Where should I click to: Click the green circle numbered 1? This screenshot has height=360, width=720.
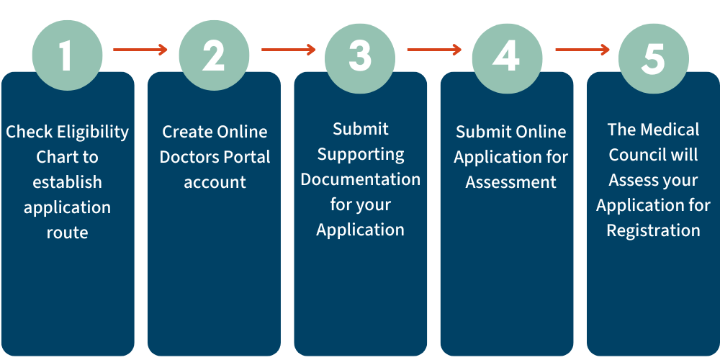(x=67, y=55)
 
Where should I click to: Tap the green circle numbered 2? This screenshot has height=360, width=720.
(x=214, y=55)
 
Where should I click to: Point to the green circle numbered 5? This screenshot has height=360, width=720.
(x=654, y=58)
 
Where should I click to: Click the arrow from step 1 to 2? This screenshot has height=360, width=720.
(x=140, y=49)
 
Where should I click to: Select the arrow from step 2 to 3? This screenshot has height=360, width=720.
(x=289, y=49)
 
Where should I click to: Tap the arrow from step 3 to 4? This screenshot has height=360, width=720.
(x=434, y=49)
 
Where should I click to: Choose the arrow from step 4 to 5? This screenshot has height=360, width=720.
(x=582, y=49)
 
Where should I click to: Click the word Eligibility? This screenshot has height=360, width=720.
(x=93, y=132)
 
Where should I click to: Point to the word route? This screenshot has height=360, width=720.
(x=67, y=233)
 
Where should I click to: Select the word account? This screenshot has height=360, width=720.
(x=215, y=182)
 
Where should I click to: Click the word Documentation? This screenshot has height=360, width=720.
(x=361, y=179)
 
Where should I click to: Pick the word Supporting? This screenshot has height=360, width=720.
(x=361, y=155)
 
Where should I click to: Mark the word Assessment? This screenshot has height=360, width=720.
(x=511, y=182)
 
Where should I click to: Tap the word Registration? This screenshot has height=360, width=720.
(x=654, y=230)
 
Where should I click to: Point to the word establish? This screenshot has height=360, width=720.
(x=67, y=182)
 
